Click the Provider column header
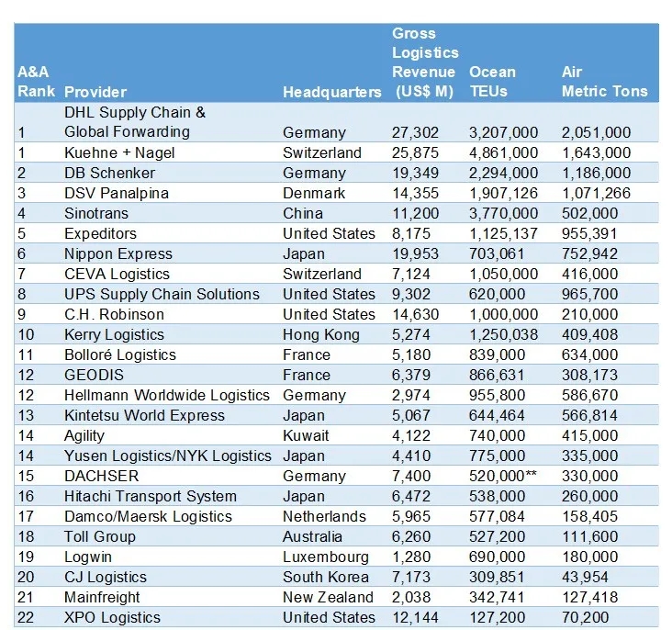[95, 92]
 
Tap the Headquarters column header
[331, 92]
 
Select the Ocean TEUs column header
[492, 82]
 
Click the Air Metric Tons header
[604, 82]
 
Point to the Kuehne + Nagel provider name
[119, 152]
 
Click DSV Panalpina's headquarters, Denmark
[314, 193]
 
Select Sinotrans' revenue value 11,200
[415, 213]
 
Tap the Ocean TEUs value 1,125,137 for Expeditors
[503, 233]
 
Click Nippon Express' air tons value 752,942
[589, 253]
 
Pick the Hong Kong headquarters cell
[321, 334]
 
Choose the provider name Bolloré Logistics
[120, 354]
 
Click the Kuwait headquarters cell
[306, 435]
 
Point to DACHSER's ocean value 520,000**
[503, 476]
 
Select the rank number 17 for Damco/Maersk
[26, 516]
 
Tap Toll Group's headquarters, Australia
[312, 536]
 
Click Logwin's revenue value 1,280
[411, 557]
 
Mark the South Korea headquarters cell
[326, 577]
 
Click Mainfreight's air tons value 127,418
[589, 597]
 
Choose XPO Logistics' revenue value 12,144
[415, 617]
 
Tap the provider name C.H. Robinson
[114, 314]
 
